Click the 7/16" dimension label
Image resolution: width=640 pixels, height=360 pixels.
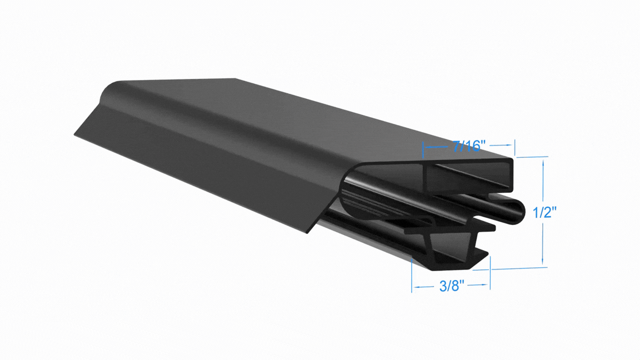click(x=469, y=146)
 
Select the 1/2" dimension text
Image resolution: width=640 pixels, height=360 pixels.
click(x=545, y=212)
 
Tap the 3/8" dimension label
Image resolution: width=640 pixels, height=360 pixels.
click(x=452, y=286)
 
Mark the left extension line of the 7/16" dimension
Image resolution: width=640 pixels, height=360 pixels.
click(x=423, y=149)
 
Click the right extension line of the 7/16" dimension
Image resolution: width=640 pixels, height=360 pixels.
click(x=514, y=147)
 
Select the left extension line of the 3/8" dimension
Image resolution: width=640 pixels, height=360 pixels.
click(x=412, y=275)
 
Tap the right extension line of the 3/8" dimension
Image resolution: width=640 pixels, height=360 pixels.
click(x=490, y=273)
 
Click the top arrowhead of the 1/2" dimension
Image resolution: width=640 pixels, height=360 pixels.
click(x=543, y=163)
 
